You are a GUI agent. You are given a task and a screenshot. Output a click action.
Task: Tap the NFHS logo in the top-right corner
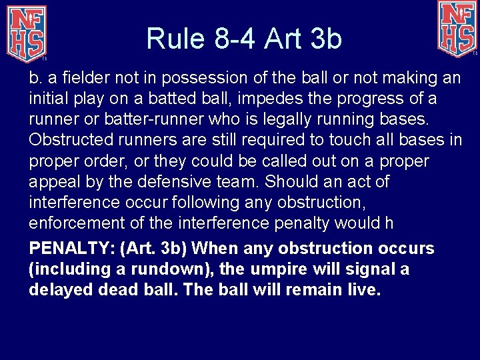click(457, 27)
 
